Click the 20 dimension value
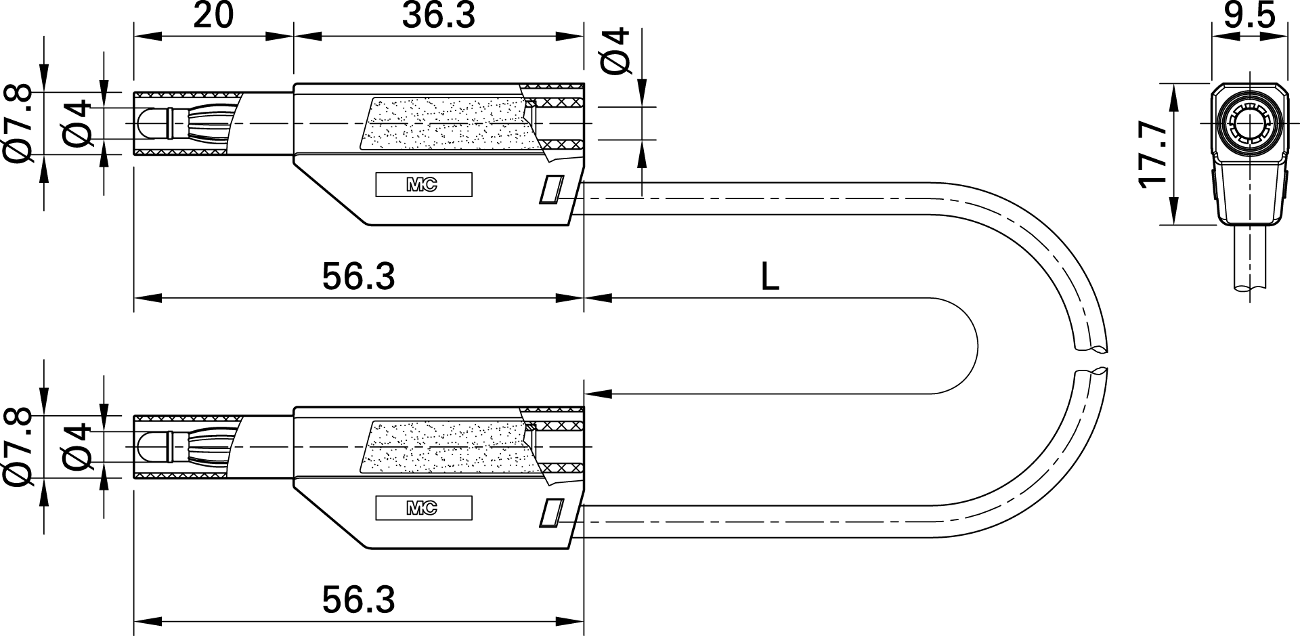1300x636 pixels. (213, 16)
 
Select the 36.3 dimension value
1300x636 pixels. (439, 16)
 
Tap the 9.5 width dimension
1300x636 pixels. (1249, 16)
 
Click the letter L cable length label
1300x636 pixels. (770, 277)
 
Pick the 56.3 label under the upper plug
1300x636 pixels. (358, 276)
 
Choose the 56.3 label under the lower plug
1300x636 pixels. (358, 600)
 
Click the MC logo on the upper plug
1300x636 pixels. (422, 185)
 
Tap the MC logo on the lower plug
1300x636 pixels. (422, 508)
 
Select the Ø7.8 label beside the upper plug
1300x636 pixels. (18, 124)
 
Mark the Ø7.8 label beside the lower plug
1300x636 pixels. (18, 448)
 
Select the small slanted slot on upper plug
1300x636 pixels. (551, 190)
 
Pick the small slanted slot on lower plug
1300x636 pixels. (551, 513)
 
